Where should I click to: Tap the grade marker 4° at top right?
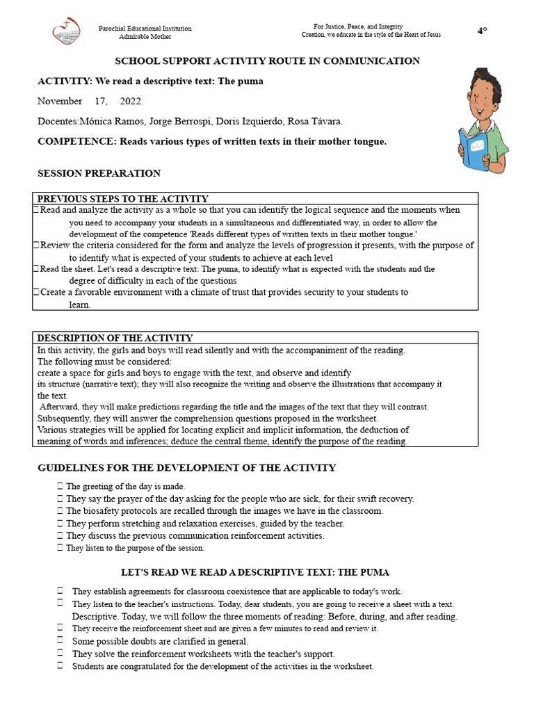[x=482, y=30]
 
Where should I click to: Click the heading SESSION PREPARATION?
[x=99, y=173]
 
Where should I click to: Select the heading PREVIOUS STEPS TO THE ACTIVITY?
[x=122, y=199]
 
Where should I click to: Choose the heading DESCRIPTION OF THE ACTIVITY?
[x=115, y=338]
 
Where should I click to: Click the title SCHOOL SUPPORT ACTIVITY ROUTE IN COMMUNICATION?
[x=267, y=61]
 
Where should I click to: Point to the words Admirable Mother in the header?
[x=145, y=36]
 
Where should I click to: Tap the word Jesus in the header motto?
[x=431, y=35]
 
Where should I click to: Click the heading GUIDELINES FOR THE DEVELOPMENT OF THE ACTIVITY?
[x=186, y=468]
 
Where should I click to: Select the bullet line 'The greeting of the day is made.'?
[x=125, y=487]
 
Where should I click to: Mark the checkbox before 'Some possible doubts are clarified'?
[x=60, y=641]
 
